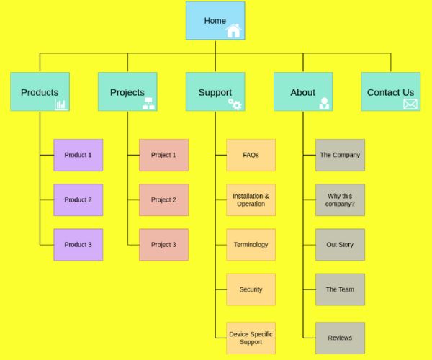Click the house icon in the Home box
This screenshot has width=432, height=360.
(233, 30)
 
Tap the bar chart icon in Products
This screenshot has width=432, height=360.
(60, 104)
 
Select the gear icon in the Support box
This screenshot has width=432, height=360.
(235, 104)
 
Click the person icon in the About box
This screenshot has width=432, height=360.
(324, 104)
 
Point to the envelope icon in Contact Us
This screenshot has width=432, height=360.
(410, 104)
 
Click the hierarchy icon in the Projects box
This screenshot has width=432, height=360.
(148, 104)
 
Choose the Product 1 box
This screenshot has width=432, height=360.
(78, 155)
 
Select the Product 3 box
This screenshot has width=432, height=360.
(78, 245)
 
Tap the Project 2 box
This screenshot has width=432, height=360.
(163, 199)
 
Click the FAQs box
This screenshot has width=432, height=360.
(251, 155)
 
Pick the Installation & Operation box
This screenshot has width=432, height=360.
(251, 199)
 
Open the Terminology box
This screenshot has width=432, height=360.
(251, 245)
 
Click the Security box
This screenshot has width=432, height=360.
(251, 289)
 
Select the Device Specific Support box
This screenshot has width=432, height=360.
(251, 338)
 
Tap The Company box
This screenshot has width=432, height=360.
(340, 155)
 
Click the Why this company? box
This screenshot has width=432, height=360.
(340, 199)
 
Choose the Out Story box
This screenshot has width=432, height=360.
(340, 245)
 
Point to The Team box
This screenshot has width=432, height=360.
(340, 289)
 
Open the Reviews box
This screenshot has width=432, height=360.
(340, 338)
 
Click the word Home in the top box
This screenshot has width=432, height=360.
(215, 20)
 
